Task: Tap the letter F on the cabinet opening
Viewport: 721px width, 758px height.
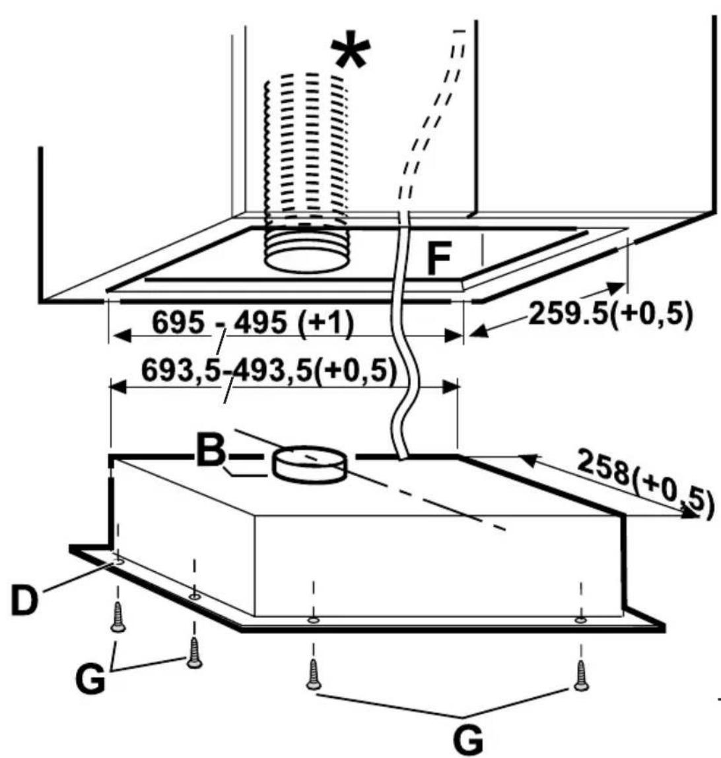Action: (x=439, y=259)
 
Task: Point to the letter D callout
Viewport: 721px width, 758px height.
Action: (x=24, y=600)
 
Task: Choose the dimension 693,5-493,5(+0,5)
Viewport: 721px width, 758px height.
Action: (x=269, y=371)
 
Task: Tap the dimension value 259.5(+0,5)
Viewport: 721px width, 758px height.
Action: (x=611, y=314)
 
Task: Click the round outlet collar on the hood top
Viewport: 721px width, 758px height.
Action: (x=310, y=464)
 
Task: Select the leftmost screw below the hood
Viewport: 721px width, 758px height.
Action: (x=118, y=617)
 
